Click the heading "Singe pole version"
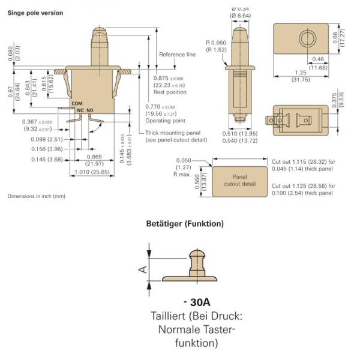[x=35, y=13]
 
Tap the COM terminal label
[x=77, y=104]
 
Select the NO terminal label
[x=90, y=110]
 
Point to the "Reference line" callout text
[x=177, y=55]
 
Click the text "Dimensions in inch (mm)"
[x=37, y=197]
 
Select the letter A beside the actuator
[x=142, y=269]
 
